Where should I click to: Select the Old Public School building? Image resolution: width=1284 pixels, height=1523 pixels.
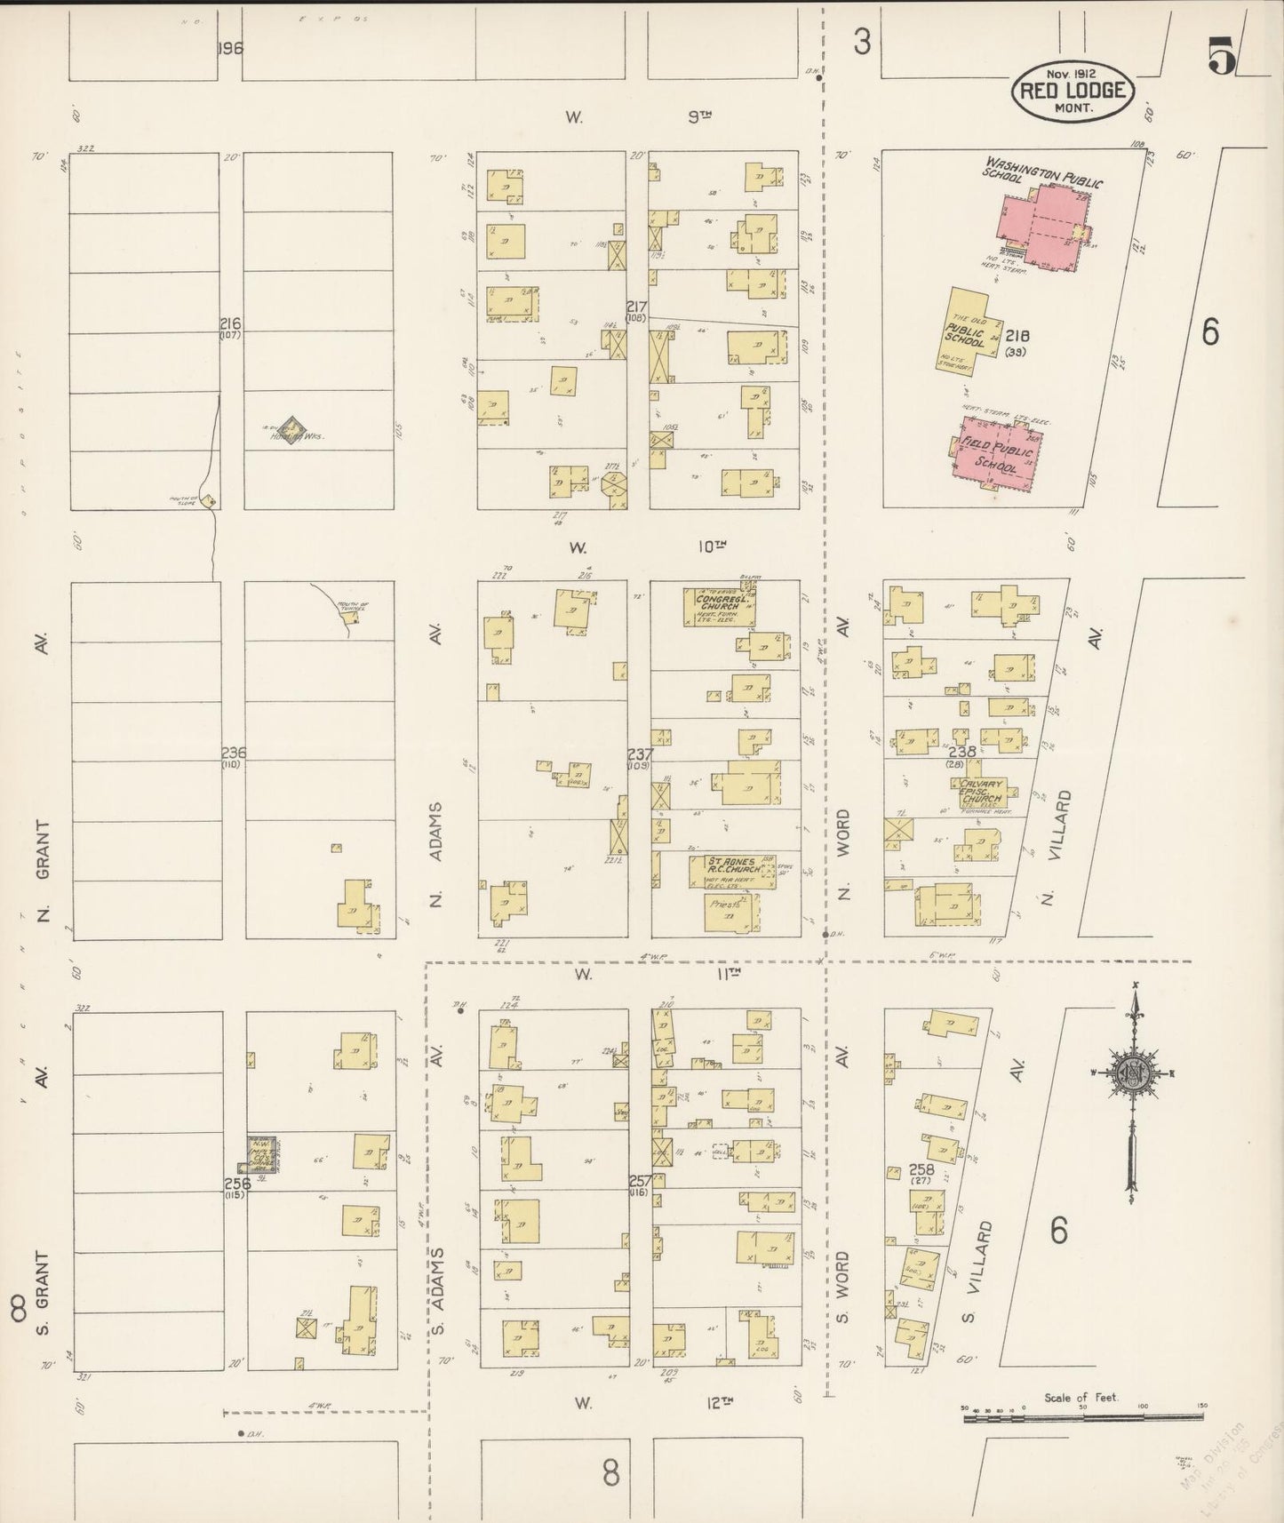coord(964,328)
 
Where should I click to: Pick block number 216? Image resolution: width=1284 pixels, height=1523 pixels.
coord(232,323)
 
